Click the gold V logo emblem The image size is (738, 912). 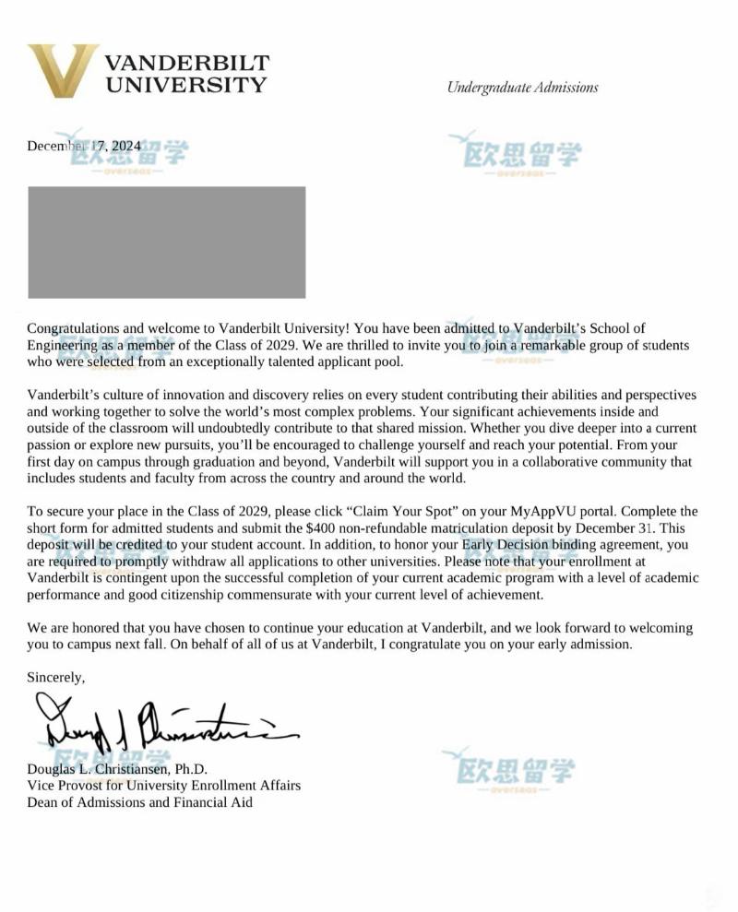pos(62,71)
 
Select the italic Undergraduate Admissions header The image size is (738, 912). pos(522,88)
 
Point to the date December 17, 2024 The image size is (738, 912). pos(84,146)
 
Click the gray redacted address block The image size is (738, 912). pos(166,242)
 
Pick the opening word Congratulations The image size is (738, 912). pos(74,327)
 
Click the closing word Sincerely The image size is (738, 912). pos(55,678)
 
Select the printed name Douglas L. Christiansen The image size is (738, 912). pos(117,769)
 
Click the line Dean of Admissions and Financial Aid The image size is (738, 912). pos(139,802)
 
